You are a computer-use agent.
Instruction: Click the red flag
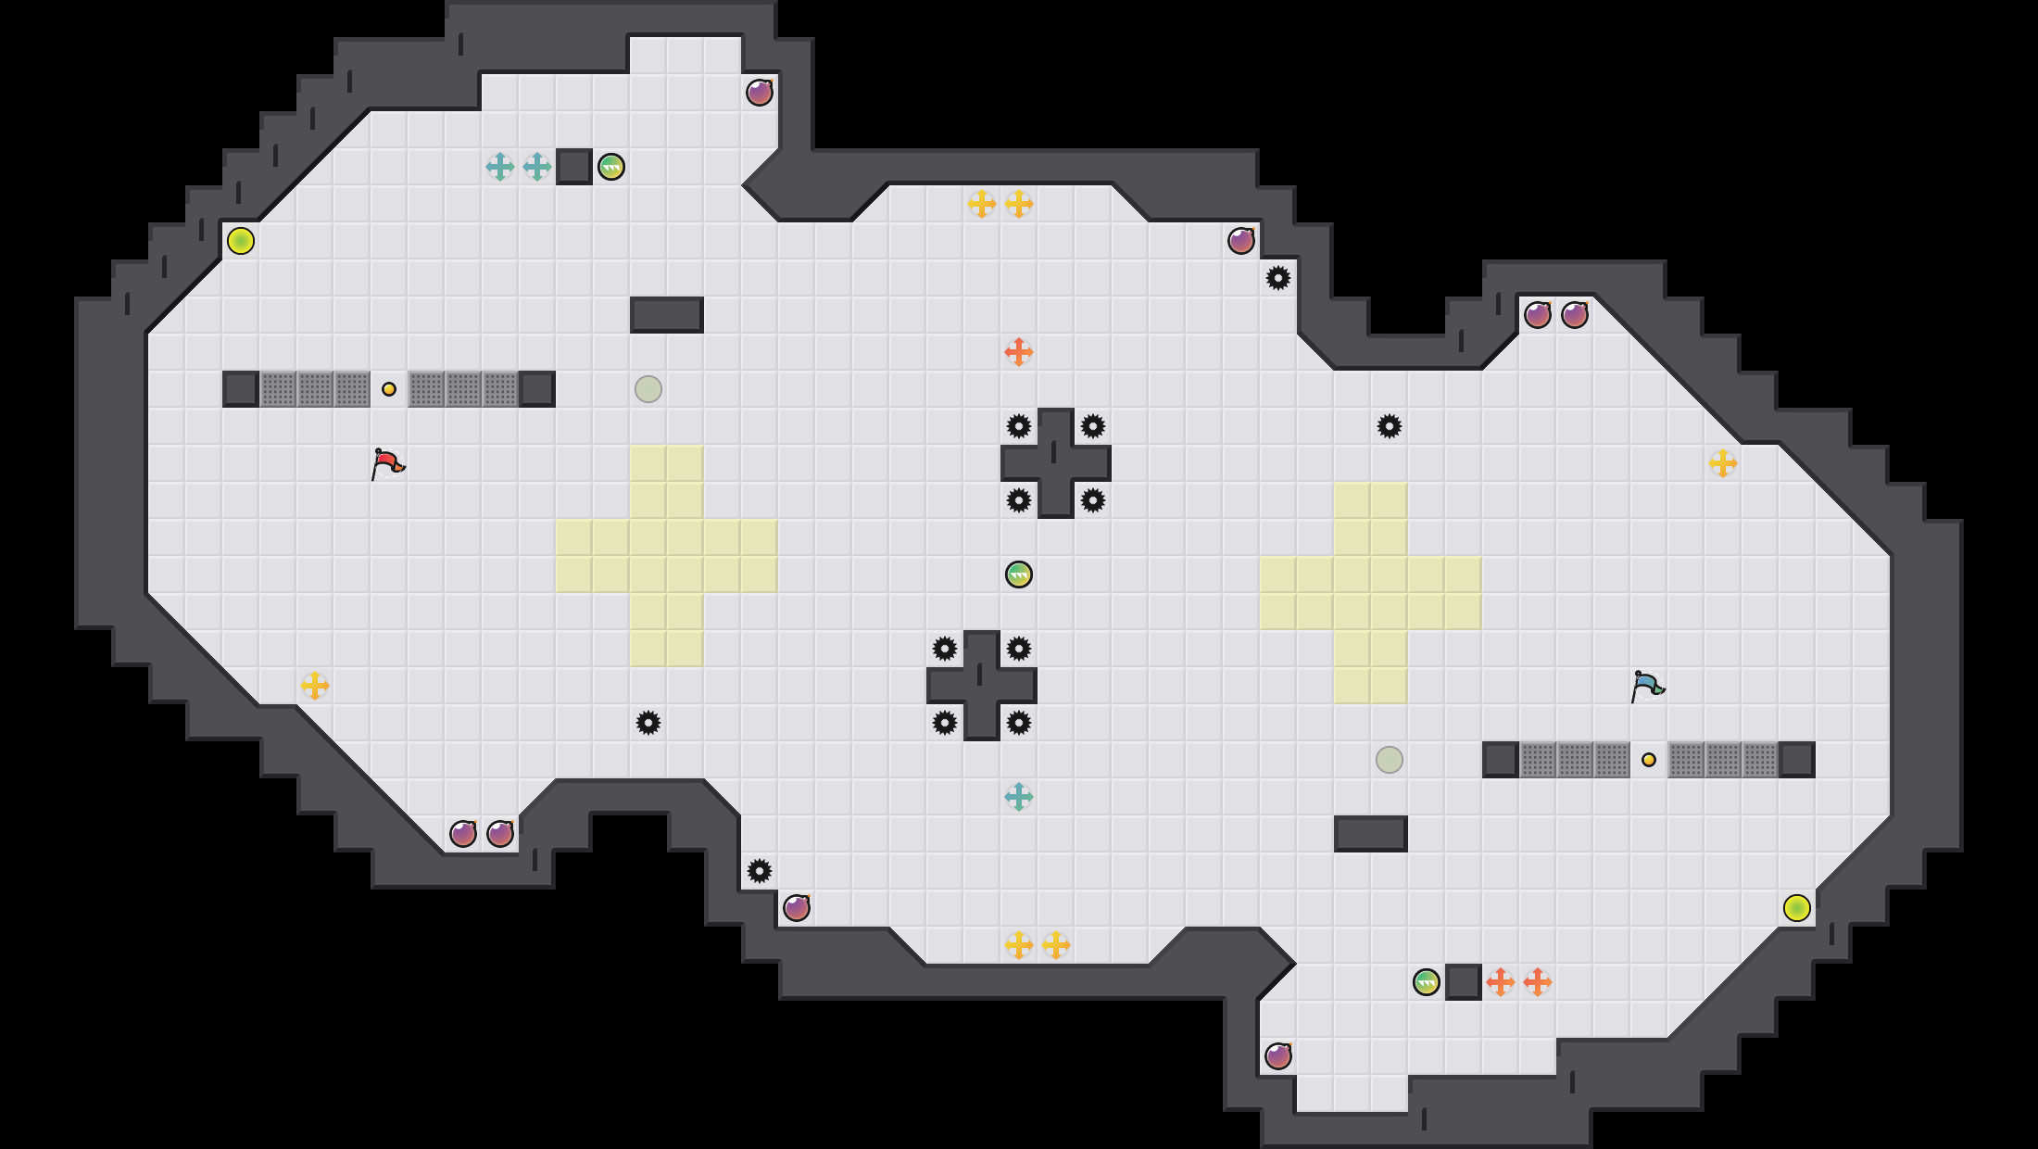tap(387, 463)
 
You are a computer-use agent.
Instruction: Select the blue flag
tap(1647, 686)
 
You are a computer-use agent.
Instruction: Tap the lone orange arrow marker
tap(1019, 352)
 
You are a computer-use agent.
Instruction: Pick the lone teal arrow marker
tap(1019, 797)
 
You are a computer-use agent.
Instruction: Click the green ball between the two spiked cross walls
tap(1019, 574)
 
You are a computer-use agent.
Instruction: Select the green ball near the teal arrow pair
tap(611, 167)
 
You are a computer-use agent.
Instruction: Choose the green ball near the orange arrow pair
tap(1427, 982)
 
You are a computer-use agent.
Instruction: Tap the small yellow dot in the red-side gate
tap(389, 389)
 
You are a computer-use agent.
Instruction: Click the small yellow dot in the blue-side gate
tap(1649, 760)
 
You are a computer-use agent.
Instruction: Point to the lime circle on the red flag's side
tap(241, 241)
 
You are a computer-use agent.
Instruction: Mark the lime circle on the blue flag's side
tap(1797, 908)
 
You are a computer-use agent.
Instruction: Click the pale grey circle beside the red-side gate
tap(648, 389)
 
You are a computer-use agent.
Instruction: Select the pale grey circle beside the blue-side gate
tap(1390, 760)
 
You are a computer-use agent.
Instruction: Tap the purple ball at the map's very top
tap(760, 93)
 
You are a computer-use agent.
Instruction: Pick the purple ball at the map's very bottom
tap(1278, 1056)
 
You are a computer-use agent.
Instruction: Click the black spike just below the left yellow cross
tap(648, 723)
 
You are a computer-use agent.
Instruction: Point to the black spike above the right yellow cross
tap(1390, 426)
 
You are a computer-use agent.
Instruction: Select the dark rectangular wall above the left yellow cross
tap(667, 315)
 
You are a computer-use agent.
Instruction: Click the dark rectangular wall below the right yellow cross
tap(1371, 834)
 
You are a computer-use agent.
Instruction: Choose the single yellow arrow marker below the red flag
tap(315, 686)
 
